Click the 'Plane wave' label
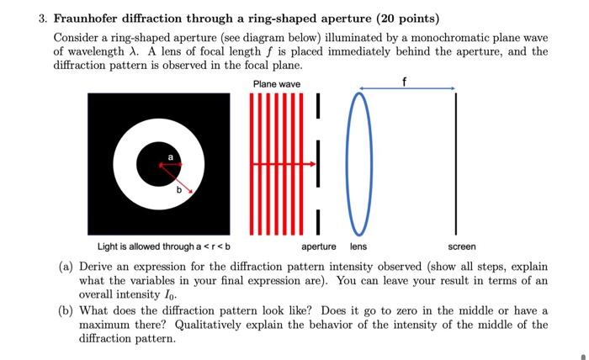point(276,84)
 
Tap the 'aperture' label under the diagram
point(319,246)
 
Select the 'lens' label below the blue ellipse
point(358,246)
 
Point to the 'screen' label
point(461,246)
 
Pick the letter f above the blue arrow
point(406,80)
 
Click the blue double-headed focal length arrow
point(406,88)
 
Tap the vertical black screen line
point(455,164)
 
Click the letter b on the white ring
point(178,191)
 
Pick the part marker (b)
point(66,311)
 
